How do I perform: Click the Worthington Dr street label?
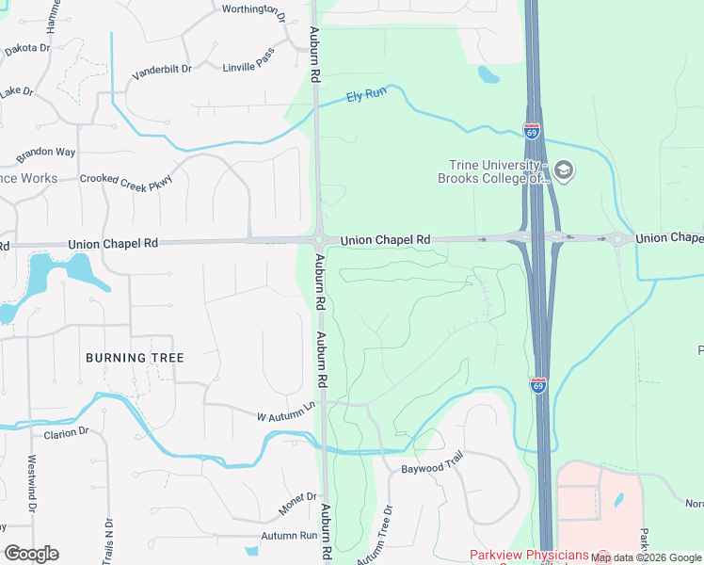click(x=253, y=11)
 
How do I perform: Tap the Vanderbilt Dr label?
click(x=162, y=69)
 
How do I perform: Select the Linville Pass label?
click(x=248, y=67)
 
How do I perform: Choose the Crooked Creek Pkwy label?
click(x=126, y=179)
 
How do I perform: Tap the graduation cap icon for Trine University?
click(x=565, y=170)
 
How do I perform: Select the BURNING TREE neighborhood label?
click(x=135, y=358)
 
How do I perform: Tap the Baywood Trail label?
click(x=433, y=467)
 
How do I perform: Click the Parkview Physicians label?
click(x=529, y=556)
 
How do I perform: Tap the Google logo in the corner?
click(x=31, y=554)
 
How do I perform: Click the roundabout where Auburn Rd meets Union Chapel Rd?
click(x=321, y=240)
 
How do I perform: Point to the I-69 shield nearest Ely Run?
click(x=533, y=132)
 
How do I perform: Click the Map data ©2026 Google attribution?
click(x=646, y=557)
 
